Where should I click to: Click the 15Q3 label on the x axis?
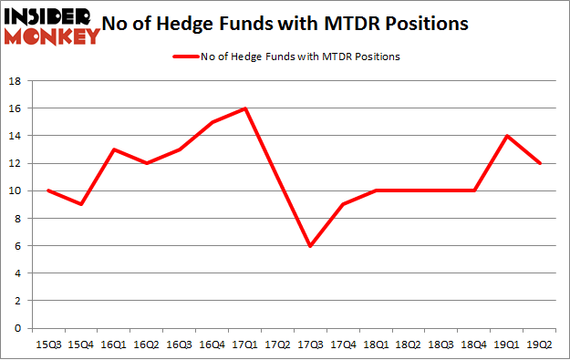(x=47, y=345)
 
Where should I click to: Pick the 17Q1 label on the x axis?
(x=244, y=345)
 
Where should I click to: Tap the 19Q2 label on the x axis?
(x=539, y=345)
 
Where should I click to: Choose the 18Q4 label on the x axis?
(x=474, y=345)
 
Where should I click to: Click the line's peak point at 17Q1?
(x=244, y=108)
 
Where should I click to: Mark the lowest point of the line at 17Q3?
(x=310, y=246)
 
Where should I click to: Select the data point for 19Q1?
(x=506, y=136)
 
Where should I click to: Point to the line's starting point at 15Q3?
(x=47, y=190)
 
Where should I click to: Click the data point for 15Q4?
(x=80, y=204)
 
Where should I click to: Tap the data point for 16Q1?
(x=113, y=149)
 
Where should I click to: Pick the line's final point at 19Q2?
(x=539, y=163)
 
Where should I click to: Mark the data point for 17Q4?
(x=343, y=204)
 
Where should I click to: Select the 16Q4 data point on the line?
(x=212, y=122)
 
